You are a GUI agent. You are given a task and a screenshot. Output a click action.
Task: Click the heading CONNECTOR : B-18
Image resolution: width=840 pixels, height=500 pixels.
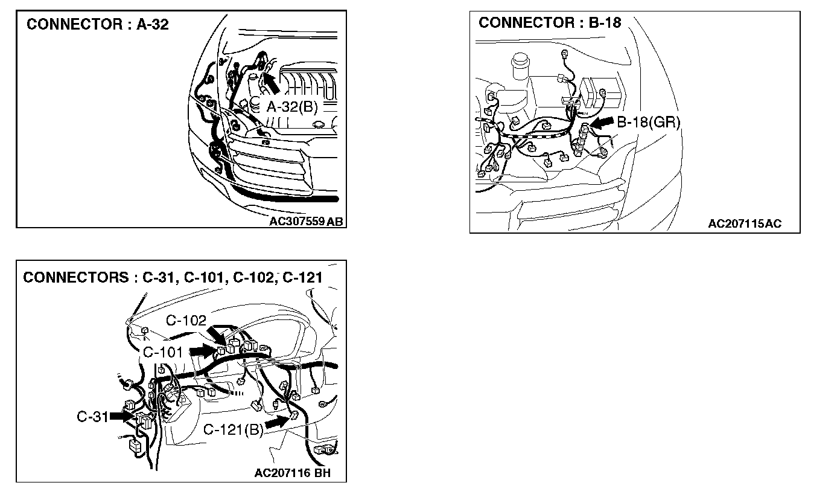point(550,23)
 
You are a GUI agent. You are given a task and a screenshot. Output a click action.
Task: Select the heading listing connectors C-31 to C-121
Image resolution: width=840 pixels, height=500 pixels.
point(173,277)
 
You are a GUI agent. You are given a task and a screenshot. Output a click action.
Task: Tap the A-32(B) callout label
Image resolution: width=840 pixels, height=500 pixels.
point(292,107)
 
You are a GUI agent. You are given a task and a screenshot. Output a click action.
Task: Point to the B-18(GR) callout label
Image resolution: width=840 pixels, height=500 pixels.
point(649,122)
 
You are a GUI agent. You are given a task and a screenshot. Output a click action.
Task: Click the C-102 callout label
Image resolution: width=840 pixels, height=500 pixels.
point(186,321)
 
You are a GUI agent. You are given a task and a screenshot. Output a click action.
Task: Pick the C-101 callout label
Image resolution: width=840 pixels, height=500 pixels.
point(163,351)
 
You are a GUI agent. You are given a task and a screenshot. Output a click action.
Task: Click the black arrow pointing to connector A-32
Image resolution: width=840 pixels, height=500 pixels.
point(271,82)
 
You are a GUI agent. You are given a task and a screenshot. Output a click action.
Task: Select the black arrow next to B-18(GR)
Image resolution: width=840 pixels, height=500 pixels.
point(600,123)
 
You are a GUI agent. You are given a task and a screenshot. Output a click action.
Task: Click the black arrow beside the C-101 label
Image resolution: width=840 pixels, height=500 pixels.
point(203,350)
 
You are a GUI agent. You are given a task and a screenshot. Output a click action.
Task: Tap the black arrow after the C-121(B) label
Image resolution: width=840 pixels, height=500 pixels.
point(277,423)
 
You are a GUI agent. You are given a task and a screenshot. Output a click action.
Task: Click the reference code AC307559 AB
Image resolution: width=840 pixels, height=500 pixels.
point(307,221)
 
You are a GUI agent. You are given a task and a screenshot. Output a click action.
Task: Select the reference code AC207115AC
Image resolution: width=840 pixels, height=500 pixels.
point(745,224)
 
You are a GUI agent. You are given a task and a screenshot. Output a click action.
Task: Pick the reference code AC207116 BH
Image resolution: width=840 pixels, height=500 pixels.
point(293,473)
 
